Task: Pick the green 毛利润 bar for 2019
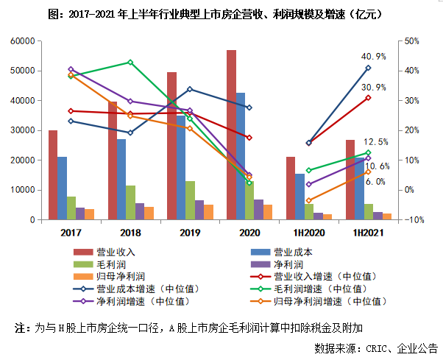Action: (190, 200)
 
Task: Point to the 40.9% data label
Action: (373, 56)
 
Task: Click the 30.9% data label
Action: (373, 87)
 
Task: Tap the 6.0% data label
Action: (375, 181)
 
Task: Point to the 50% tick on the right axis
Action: (411, 41)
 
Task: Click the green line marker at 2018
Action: (130, 63)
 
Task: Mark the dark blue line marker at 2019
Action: (190, 89)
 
